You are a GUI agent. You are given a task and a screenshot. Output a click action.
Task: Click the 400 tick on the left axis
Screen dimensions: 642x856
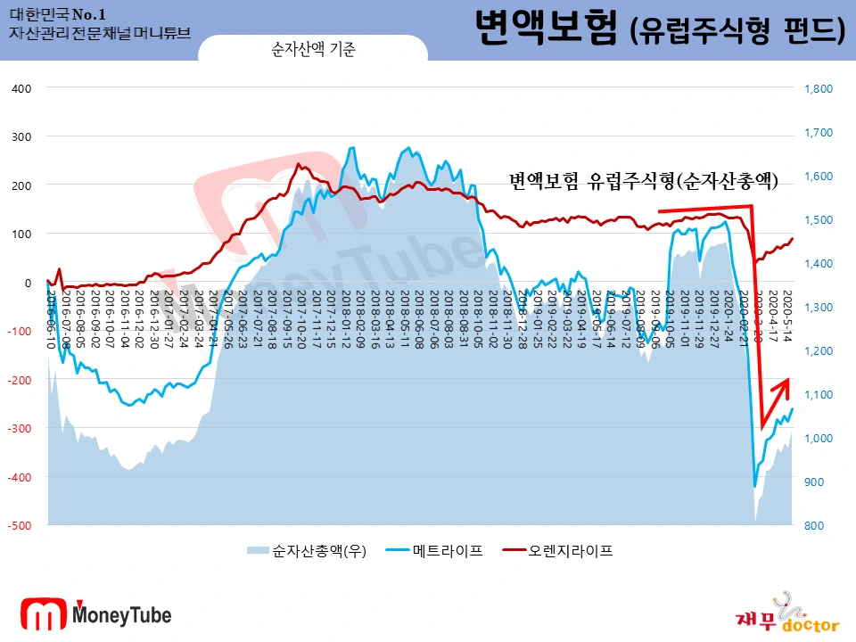click(21, 88)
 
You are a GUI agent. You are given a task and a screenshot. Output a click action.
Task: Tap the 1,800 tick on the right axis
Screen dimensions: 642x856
click(818, 88)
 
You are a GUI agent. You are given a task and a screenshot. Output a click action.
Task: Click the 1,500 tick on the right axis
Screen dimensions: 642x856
click(818, 219)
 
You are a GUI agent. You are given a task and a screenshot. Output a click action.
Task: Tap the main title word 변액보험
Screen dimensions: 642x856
click(545, 29)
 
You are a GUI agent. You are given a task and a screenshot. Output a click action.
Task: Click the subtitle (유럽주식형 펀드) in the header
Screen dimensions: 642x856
click(737, 31)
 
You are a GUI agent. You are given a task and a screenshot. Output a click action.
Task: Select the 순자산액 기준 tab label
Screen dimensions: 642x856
click(313, 51)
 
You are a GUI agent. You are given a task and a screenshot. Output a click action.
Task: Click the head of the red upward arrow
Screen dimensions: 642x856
click(786, 381)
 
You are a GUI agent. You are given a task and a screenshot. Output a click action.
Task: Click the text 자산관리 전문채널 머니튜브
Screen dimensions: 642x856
click(99, 33)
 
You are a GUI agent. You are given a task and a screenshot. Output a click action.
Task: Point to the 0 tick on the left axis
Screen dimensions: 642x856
click(27, 283)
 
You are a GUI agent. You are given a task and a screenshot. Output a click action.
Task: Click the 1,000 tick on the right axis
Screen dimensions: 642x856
click(818, 438)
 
